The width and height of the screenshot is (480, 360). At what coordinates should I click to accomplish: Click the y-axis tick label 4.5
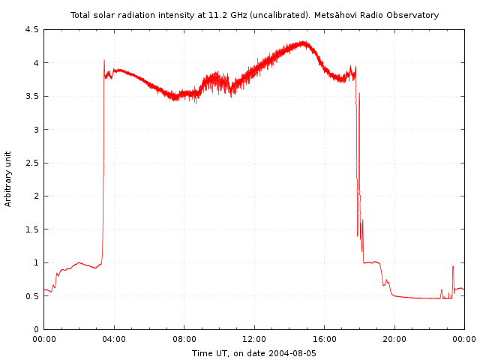point(31,30)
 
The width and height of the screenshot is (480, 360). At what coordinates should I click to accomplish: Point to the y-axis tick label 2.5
point(31,163)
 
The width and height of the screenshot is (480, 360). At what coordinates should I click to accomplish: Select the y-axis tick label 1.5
point(31,229)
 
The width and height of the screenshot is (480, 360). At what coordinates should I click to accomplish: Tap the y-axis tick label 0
point(36,329)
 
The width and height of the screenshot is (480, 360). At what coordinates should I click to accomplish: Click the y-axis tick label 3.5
point(31,97)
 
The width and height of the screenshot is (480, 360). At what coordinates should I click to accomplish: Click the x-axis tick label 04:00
point(114,340)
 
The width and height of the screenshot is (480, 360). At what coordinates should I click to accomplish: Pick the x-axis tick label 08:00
point(184,340)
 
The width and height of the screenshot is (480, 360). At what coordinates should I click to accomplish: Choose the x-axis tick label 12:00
point(254,340)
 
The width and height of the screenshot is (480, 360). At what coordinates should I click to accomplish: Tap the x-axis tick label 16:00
point(324,340)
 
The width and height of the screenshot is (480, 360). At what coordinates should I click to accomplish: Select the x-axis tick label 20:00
point(394,340)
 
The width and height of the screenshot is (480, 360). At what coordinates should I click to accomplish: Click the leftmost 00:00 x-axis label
point(44,340)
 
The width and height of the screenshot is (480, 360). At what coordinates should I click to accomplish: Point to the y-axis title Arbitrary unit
point(9,178)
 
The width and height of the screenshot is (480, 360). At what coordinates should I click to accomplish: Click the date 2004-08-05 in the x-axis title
point(293,352)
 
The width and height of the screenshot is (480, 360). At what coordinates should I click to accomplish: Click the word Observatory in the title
point(414,15)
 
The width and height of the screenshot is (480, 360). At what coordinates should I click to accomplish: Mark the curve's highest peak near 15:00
point(304,42)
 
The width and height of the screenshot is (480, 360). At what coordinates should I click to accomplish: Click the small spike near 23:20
point(453,266)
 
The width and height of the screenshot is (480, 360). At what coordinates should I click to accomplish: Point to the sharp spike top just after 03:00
point(104,60)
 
